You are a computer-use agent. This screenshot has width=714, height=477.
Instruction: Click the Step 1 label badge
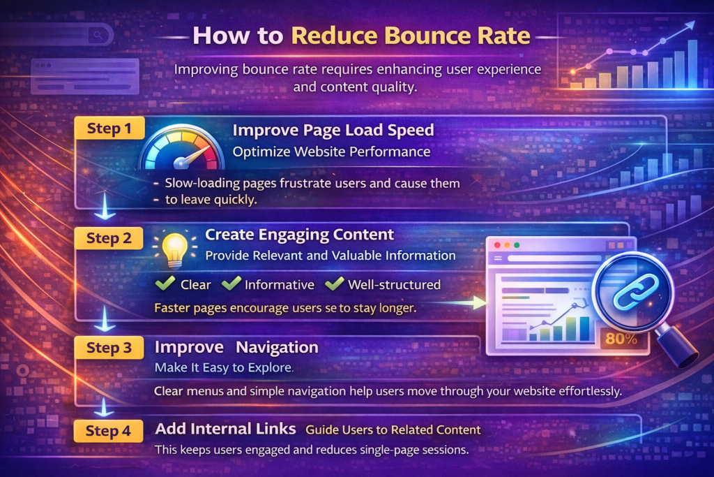[x=109, y=129]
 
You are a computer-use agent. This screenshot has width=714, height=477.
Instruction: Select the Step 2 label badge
[x=109, y=238]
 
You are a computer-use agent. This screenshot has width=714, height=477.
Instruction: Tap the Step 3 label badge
[x=109, y=347]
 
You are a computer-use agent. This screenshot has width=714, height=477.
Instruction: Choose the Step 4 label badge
[x=108, y=431]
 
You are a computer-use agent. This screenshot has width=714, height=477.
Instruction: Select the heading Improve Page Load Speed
[x=333, y=130]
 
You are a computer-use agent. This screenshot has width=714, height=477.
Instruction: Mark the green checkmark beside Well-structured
[x=335, y=284]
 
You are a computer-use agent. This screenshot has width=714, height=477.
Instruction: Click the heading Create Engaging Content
[x=299, y=235]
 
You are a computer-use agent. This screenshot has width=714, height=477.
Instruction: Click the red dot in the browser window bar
[x=498, y=245]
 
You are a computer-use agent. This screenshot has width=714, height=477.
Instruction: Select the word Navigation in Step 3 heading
[x=277, y=347]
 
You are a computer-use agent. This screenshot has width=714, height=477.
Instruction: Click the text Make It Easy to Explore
[x=223, y=367]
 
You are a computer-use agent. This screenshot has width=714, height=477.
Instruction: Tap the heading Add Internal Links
[x=226, y=429]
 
